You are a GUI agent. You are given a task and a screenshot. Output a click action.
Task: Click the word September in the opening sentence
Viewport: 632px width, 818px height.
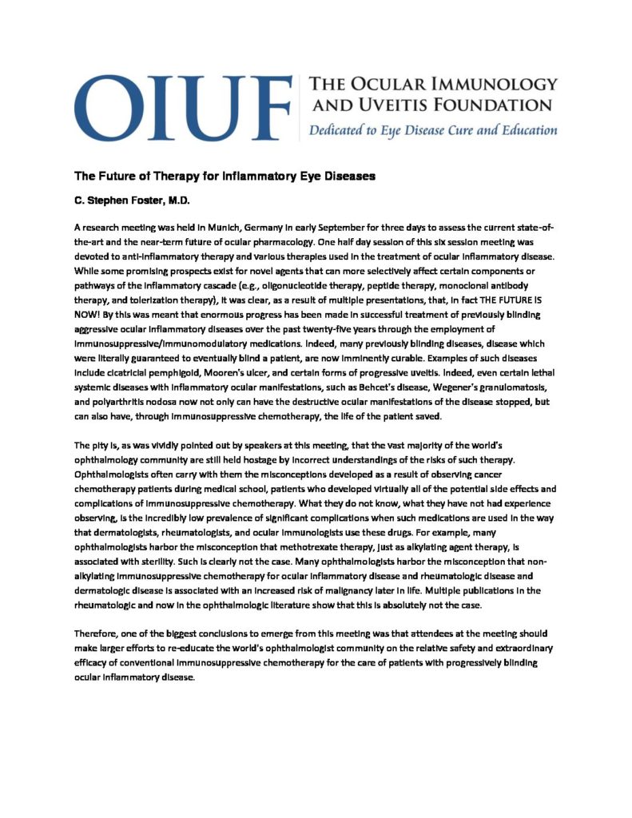point(334,228)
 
